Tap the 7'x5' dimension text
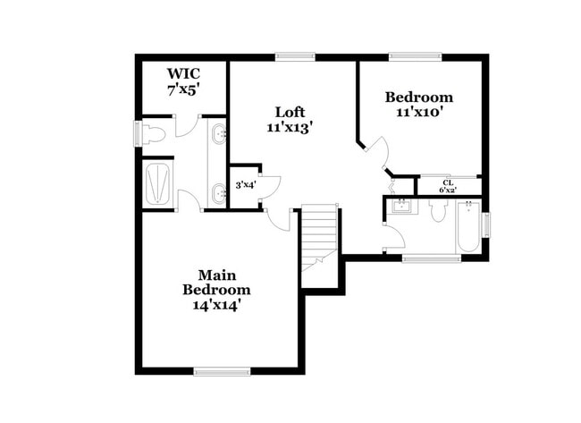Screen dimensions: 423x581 coord(183,89)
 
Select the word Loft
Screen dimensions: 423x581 coord(290,112)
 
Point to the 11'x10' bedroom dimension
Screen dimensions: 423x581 coord(419,113)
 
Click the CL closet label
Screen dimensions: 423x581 coord(448,182)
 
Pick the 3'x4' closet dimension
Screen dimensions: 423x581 coord(245,186)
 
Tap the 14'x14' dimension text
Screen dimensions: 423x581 coord(217,305)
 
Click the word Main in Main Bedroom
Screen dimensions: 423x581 coord(216,275)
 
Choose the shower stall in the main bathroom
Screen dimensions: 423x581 coord(159,183)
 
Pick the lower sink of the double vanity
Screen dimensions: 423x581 coord(220,190)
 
